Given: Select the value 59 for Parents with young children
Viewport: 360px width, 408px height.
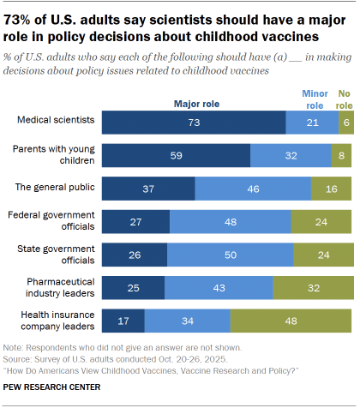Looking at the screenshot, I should [x=176, y=155].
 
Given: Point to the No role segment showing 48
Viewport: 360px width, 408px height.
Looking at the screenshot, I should [x=291, y=321].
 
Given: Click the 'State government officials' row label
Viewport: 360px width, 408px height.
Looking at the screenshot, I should [x=53, y=255].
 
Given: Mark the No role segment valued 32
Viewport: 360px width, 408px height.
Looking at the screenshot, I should [x=313, y=287].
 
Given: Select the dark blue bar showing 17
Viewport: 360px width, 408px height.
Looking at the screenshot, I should [x=123, y=321].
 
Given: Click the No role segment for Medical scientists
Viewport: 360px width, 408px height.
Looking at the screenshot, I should [x=345, y=123].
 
